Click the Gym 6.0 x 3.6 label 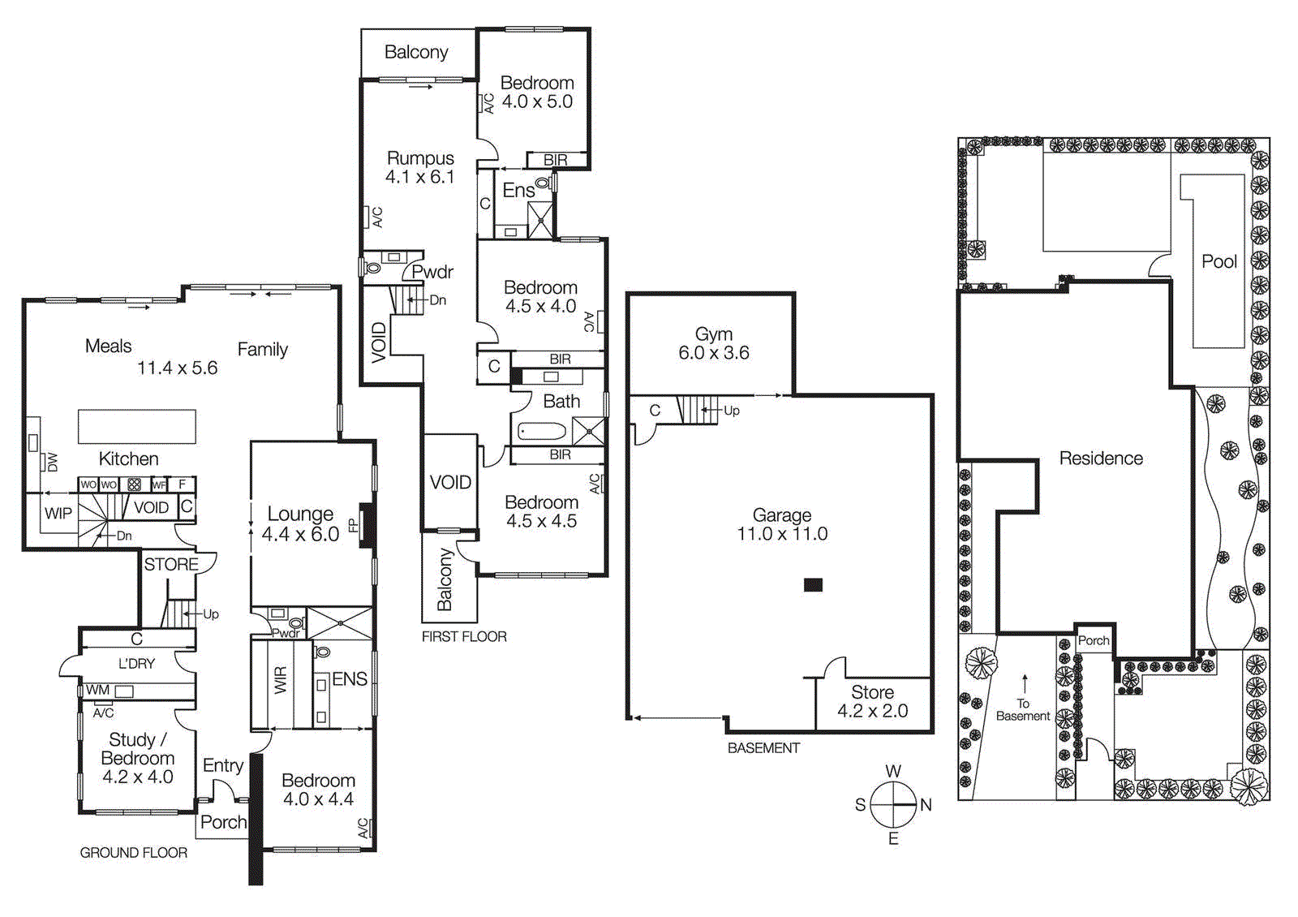click(713, 343)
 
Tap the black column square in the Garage click(813, 584)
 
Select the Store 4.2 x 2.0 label click(872, 702)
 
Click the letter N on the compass click(926, 805)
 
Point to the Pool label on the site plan click(1218, 261)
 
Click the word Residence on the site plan click(1100, 458)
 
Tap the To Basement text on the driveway click(1022, 710)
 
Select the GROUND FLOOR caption click(133, 853)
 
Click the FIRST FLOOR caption click(464, 637)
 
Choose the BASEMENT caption click(763, 748)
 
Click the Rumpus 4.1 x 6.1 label click(419, 167)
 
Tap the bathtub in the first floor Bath click(541, 431)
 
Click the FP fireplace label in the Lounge click(353, 526)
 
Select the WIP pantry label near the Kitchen click(58, 513)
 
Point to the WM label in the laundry click(97, 690)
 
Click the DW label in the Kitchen click(53, 462)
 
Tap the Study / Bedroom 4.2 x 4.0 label click(137, 758)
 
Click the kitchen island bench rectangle click(136, 426)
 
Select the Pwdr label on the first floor click(432, 272)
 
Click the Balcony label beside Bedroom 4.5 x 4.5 click(445, 579)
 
